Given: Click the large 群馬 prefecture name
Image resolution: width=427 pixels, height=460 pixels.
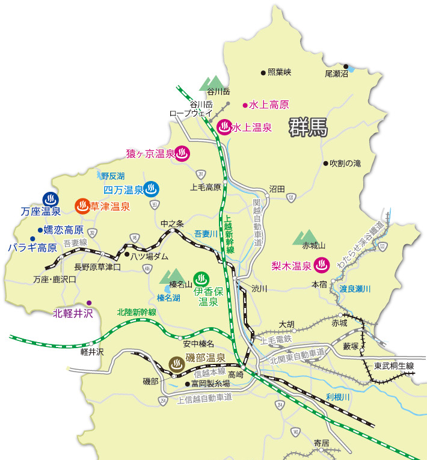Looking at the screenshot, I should (x=307, y=127).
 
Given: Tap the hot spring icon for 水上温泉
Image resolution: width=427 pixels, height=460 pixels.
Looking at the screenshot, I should (x=224, y=127).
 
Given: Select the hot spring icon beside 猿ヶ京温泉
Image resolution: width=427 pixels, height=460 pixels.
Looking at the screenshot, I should (x=183, y=153).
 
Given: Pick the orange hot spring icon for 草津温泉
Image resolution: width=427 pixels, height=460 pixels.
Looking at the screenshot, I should (x=82, y=206).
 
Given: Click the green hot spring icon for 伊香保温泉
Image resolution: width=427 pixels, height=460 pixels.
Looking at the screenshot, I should (x=201, y=278).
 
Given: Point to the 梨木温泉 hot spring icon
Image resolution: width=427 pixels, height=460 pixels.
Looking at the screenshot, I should (x=322, y=265).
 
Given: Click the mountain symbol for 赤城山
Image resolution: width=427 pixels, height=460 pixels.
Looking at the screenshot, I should (x=305, y=237).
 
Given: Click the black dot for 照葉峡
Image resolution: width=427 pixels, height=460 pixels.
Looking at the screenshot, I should (x=263, y=72).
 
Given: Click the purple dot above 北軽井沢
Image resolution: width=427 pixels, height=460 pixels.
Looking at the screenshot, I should (x=89, y=302).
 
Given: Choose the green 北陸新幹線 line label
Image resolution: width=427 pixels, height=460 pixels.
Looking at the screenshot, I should (x=137, y=312).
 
